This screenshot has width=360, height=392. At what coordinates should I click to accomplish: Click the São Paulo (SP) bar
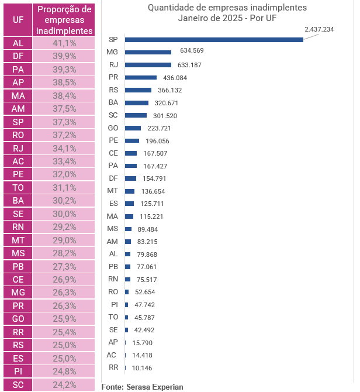click(214, 40)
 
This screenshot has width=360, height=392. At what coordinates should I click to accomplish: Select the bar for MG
click(148, 52)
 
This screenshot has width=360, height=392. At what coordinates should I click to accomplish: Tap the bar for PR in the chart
click(141, 77)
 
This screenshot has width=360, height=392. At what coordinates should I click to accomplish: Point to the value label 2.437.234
click(319, 29)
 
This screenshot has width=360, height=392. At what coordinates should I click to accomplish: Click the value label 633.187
click(186, 65)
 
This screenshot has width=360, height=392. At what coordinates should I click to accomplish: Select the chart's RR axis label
click(113, 367)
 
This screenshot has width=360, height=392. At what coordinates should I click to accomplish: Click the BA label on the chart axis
click(113, 102)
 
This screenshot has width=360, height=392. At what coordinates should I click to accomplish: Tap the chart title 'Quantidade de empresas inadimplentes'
click(227, 8)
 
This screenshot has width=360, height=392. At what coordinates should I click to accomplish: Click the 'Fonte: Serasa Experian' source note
click(142, 387)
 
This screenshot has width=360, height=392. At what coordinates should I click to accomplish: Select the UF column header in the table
click(18, 19)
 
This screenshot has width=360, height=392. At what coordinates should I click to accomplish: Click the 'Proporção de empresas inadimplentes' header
click(64, 19)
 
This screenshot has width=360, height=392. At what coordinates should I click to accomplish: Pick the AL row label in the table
click(18, 43)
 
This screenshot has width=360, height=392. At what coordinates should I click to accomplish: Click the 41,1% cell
click(64, 43)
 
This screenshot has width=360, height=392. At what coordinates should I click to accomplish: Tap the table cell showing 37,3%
click(64, 122)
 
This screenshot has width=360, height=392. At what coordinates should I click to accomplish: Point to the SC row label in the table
click(18, 384)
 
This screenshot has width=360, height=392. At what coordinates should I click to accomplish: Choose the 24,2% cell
click(64, 384)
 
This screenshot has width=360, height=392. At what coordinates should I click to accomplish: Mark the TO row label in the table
click(18, 187)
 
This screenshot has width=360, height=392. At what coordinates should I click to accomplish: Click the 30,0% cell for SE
click(64, 214)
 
